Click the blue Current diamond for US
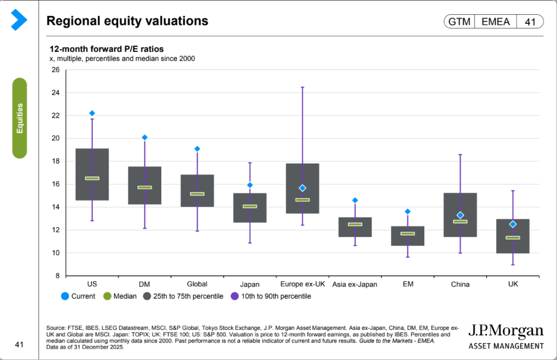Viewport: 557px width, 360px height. click(x=92, y=113)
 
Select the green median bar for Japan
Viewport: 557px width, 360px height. click(x=250, y=206)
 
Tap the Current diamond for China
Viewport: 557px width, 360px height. click(x=460, y=215)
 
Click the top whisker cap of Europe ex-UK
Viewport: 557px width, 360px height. click(x=302, y=87)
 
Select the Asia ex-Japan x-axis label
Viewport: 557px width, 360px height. click(x=355, y=284)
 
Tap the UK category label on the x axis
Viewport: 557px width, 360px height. click(x=513, y=284)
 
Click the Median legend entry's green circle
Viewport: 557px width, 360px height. click(x=107, y=296)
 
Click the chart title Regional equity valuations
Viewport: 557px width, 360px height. click(x=127, y=21)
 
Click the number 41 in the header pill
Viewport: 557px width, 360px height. click(x=530, y=22)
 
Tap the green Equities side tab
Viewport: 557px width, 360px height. click(x=20, y=118)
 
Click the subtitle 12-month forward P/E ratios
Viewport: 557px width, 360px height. click(x=106, y=49)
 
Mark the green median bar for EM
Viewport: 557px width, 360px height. click(x=408, y=233)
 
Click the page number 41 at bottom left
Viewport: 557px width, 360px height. click(x=19, y=344)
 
